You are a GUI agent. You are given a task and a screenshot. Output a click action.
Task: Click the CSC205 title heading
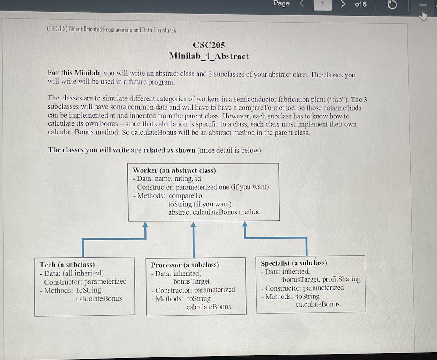point(209,45)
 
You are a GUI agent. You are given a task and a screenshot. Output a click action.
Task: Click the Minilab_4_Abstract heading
point(209,56)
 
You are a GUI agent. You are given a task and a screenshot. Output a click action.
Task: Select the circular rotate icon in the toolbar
point(392,5)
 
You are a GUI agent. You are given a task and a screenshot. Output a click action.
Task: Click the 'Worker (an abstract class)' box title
point(174,170)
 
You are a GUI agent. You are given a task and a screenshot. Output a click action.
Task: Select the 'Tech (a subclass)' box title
point(67,265)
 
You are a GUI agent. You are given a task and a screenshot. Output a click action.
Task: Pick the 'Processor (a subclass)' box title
point(185,265)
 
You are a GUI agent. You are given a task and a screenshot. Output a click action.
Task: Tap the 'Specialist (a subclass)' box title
point(294,263)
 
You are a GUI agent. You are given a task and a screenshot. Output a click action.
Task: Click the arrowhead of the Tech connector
point(145,225)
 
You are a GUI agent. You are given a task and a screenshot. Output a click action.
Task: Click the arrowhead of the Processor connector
point(193,225)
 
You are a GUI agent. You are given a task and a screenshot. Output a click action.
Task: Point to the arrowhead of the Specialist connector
point(245,225)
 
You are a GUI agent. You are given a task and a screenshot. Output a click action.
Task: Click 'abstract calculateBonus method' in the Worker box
point(214,212)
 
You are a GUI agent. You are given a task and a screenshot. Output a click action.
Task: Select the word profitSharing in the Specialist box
point(341,279)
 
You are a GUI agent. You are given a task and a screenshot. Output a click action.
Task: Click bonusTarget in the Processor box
point(191,281)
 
